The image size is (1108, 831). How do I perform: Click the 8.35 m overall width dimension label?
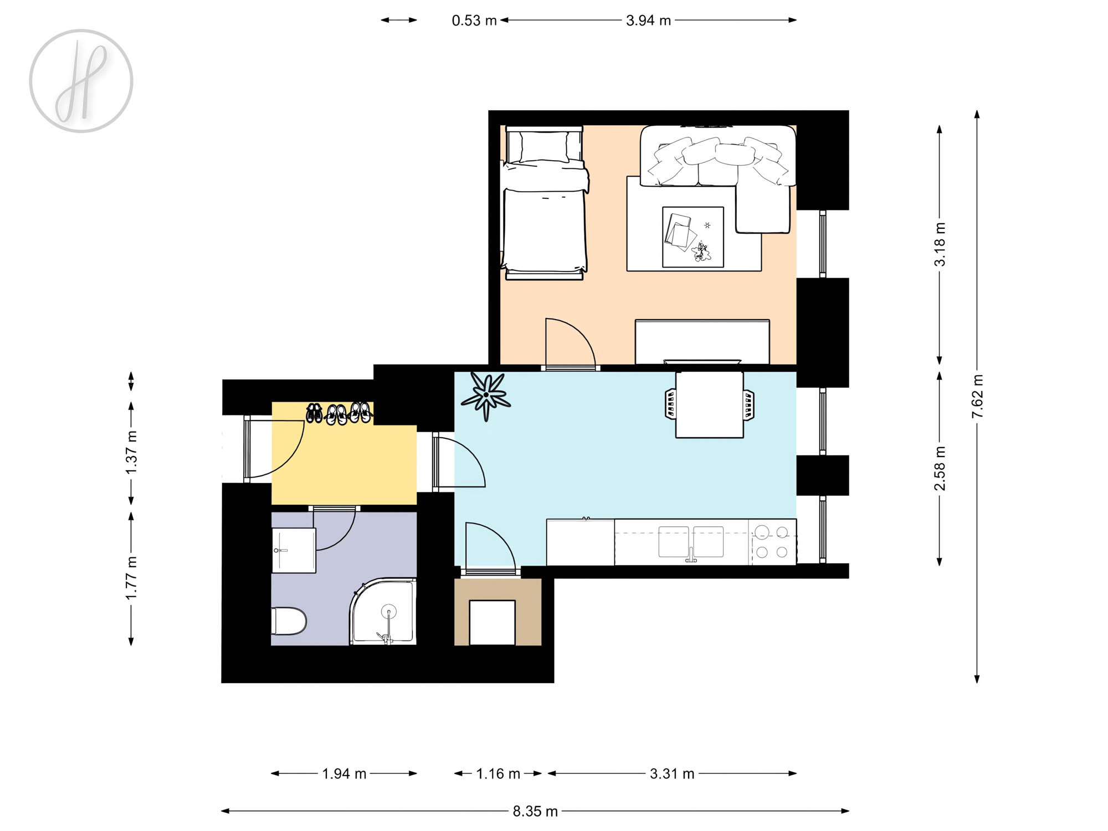tap(535, 811)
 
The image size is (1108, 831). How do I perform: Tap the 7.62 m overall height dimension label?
tap(977, 396)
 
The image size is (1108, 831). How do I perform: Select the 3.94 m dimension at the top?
tap(648, 20)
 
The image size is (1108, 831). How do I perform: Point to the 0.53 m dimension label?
tap(474, 20)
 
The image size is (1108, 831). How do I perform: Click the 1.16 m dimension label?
tap(498, 773)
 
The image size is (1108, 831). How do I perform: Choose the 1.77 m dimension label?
tap(131, 578)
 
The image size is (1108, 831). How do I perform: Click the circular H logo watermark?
tap(81, 81)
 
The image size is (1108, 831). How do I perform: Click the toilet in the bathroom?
tap(289, 621)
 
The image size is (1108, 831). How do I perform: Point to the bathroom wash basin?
tap(294, 550)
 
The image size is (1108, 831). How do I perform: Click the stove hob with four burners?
tap(772, 542)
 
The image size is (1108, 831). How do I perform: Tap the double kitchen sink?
tap(691, 542)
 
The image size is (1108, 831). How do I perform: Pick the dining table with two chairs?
tap(710, 404)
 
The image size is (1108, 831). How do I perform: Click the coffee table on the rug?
tap(693, 237)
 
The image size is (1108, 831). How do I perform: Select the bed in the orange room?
tap(544, 203)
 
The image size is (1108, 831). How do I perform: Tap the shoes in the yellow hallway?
tap(338, 413)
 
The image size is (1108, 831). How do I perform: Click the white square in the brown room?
tap(493, 623)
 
